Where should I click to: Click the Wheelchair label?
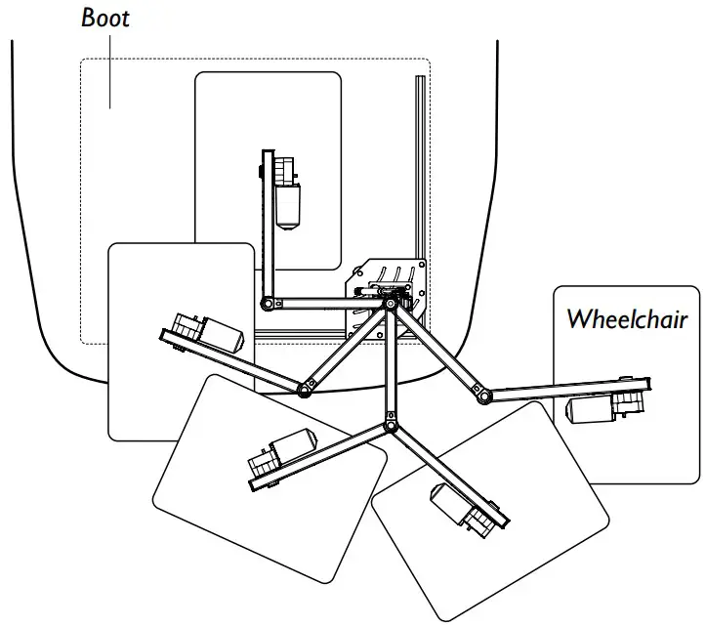point(627,319)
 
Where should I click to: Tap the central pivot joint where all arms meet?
point(391,306)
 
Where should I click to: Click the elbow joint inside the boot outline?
point(266,306)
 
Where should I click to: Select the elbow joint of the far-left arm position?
point(305,391)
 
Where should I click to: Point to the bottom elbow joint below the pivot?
point(391,426)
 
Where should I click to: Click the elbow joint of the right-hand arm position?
point(481,396)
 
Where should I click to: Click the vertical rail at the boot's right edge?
point(419,176)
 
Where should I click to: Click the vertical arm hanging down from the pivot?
point(391,366)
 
